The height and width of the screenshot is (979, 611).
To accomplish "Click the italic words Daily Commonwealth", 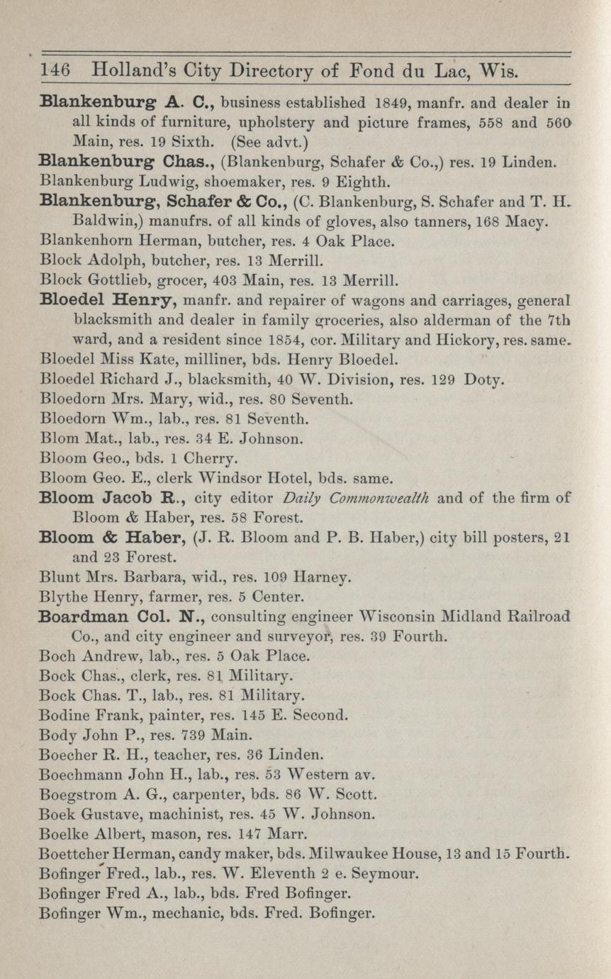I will point(353,498).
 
